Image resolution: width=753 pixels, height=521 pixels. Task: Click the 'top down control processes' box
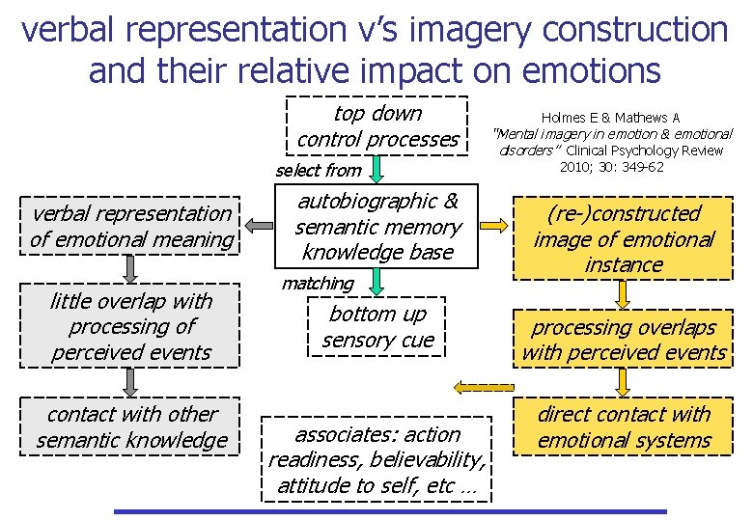tap(378, 126)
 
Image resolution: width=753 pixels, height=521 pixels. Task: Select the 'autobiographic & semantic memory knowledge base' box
tap(378, 227)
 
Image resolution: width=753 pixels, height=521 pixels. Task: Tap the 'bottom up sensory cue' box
tap(378, 326)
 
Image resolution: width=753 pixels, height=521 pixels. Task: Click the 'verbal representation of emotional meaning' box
tap(132, 226)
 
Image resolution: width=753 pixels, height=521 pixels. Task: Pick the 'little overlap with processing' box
tap(131, 327)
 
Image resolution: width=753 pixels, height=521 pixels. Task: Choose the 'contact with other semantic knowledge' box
tap(132, 427)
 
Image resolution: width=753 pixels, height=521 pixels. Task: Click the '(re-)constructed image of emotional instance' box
tap(624, 238)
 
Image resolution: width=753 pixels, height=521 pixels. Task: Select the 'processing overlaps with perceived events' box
tap(624, 340)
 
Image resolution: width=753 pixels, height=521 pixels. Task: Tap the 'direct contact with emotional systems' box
tap(624, 427)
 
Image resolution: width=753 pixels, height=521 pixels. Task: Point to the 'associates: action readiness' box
tap(377, 459)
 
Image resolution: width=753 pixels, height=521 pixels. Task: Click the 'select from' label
tap(318, 171)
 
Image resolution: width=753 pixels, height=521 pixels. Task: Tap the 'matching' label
tap(318, 284)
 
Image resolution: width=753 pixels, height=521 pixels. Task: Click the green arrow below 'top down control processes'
tap(378, 169)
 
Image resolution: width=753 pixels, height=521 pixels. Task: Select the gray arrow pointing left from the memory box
tap(259, 226)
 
